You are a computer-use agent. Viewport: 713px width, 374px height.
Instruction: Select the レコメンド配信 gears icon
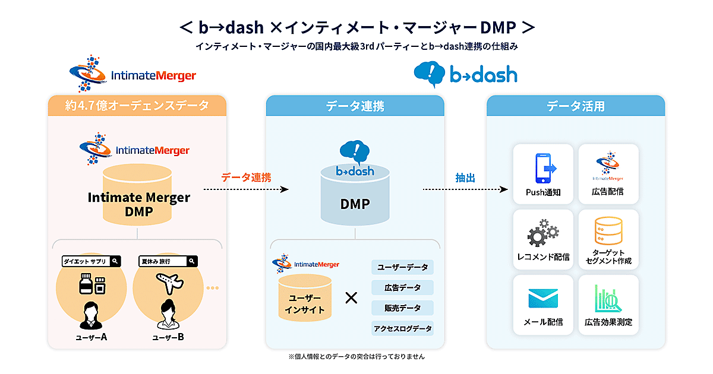click(x=543, y=233)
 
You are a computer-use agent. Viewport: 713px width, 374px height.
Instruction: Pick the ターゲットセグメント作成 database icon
click(x=608, y=232)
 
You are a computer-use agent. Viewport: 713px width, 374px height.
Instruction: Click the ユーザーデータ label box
click(x=402, y=267)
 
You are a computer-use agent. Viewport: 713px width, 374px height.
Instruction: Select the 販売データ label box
click(x=402, y=308)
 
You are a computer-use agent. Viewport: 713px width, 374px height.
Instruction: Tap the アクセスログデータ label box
click(x=402, y=328)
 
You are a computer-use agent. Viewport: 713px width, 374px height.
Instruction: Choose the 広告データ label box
click(x=402, y=287)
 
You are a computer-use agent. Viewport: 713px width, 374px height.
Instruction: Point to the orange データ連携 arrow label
click(x=246, y=177)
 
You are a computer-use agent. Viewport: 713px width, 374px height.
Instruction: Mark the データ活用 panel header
click(x=576, y=106)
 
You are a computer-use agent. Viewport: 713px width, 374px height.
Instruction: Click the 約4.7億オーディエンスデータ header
click(x=137, y=106)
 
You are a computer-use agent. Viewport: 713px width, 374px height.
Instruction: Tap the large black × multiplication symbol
click(x=351, y=298)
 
